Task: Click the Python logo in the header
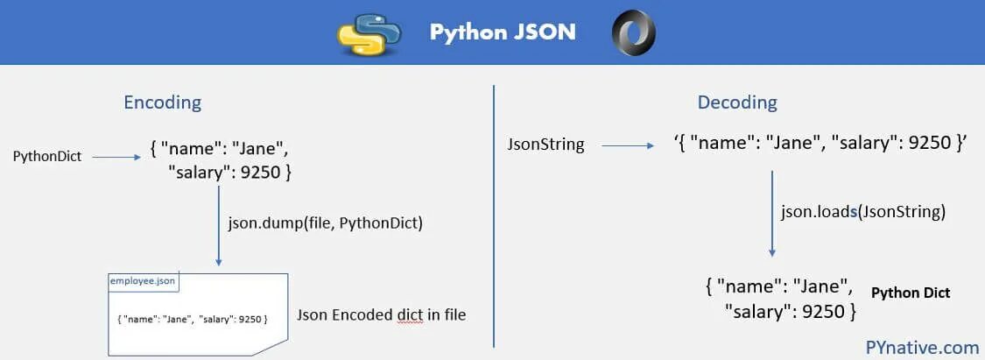click(x=369, y=32)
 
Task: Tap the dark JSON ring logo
click(x=634, y=32)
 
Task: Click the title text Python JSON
click(x=503, y=32)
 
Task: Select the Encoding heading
click(x=162, y=102)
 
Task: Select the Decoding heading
click(x=737, y=102)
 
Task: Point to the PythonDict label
click(x=46, y=157)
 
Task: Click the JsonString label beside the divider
click(x=545, y=145)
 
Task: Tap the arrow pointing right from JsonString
click(x=626, y=145)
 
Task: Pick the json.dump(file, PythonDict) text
click(x=326, y=222)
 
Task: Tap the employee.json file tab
click(x=143, y=280)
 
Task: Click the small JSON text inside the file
click(x=192, y=317)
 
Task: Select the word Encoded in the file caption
click(x=364, y=314)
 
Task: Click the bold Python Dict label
click(x=911, y=293)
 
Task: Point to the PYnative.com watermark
click(x=922, y=346)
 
